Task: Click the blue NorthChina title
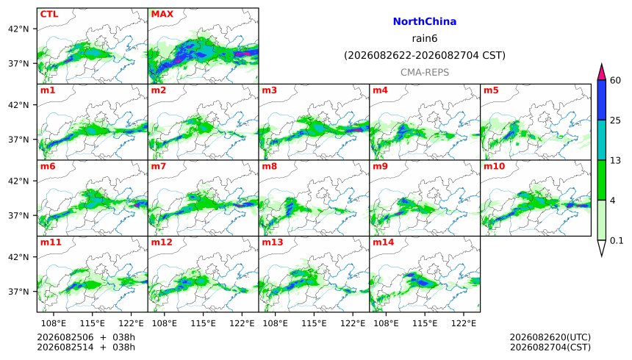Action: [425, 22]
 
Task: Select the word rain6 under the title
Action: [425, 38]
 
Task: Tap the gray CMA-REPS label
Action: [425, 73]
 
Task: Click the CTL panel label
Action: [49, 14]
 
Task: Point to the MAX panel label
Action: [162, 14]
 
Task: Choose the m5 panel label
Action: [491, 90]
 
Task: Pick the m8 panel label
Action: [270, 166]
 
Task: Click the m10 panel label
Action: [494, 166]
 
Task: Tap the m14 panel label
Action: [384, 242]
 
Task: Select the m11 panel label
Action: [51, 242]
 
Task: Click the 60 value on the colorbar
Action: [615, 80]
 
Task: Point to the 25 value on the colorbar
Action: [615, 120]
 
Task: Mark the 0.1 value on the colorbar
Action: [617, 241]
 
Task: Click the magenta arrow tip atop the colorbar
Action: [602, 65]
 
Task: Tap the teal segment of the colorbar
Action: [602, 140]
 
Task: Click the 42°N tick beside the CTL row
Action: [18, 29]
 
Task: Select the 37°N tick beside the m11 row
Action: [18, 292]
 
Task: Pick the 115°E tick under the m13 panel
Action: [314, 323]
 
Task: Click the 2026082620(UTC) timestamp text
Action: [550, 337]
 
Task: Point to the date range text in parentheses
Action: [425, 55]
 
